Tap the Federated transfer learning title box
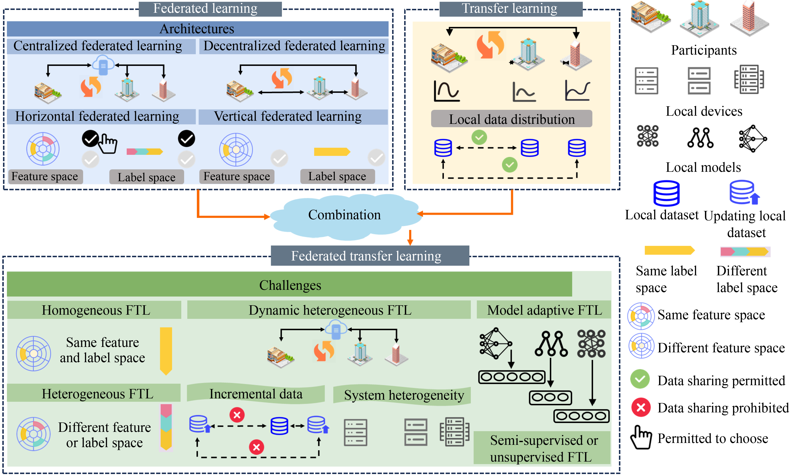pos(370,256)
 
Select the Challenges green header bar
pos(289,285)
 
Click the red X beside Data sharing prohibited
pos(641,408)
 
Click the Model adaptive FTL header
pos(544,310)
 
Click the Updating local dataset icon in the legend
pos(744,192)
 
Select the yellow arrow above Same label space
pos(669,250)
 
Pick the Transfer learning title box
pos(510,9)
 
